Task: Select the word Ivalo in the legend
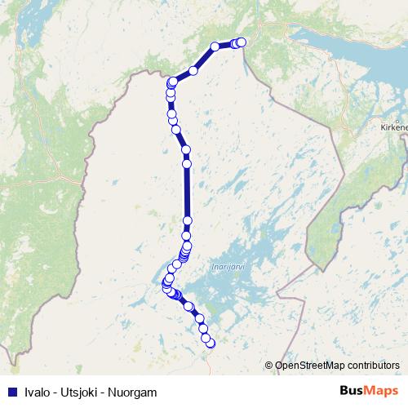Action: coord(35,392)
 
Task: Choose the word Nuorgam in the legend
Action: coord(131,392)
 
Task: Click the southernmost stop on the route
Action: coord(211,344)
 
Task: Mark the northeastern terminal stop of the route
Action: coord(242,42)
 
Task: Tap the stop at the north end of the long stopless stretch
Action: coord(187,164)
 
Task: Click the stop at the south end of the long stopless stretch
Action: coord(188,220)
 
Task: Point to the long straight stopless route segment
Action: coord(187,193)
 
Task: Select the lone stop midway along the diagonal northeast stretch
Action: coord(193,70)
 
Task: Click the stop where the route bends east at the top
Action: coord(173,82)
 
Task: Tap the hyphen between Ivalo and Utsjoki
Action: coord(54,392)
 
